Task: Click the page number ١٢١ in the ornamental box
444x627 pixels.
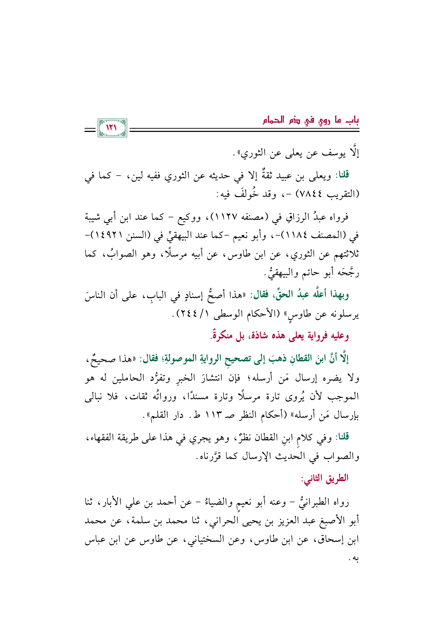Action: coord(112,128)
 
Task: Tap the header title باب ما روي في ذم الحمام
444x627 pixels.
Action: coord(311,120)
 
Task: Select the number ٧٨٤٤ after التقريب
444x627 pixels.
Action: coord(313,196)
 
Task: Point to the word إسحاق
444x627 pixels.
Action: coord(330,540)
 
